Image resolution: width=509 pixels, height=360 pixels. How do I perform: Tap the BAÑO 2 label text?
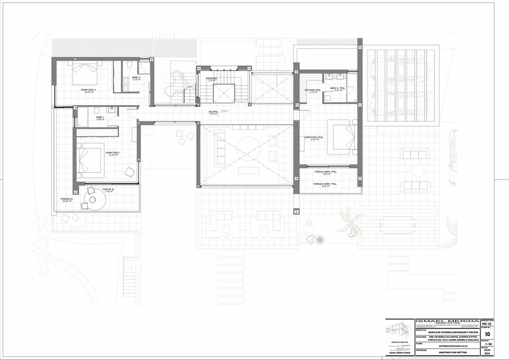click(x=136, y=77)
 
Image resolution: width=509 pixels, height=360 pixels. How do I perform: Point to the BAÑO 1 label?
click(x=100, y=117)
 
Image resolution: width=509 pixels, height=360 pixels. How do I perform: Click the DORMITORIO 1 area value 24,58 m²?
click(x=113, y=155)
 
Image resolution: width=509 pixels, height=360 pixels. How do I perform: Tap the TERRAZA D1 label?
click(x=67, y=199)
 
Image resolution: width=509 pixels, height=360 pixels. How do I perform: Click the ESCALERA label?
click(x=212, y=79)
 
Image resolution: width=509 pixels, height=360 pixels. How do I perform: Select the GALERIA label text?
click(x=213, y=111)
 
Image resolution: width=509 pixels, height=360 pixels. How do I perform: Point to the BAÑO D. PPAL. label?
click(x=338, y=88)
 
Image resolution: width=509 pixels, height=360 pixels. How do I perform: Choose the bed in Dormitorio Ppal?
click(x=342, y=137)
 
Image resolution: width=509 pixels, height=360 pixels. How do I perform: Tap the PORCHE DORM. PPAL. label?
click(x=326, y=172)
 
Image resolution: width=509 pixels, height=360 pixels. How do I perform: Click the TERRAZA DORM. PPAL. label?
click(x=325, y=184)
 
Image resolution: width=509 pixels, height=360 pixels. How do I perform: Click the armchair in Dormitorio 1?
click(x=129, y=172)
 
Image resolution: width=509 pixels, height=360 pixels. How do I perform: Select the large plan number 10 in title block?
click(x=487, y=334)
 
